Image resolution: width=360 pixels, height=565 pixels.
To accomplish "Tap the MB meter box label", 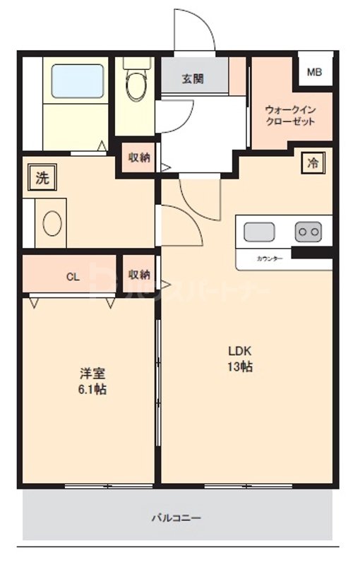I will click(x=314, y=71).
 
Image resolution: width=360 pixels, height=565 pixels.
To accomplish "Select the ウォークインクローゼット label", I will click(x=289, y=115).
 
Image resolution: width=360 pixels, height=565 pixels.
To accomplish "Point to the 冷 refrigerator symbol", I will click(x=312, y=162).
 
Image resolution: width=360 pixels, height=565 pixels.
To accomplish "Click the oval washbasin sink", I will click(x=53, y=225).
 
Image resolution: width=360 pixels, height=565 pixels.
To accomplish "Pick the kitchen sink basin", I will click(x=260, y=231).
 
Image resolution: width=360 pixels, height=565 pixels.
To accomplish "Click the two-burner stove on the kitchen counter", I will click(x=308, y=231).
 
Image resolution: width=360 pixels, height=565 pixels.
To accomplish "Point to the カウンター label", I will click(x=269, y=258).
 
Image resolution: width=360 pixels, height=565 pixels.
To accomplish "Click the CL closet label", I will click(x=73, y=276).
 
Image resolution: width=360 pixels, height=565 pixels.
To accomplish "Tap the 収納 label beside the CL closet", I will click(x=139, y=274).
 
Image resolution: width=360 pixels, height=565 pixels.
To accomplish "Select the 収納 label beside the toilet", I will click(x=138, y=157).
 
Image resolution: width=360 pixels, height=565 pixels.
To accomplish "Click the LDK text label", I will click(x=240, y=351).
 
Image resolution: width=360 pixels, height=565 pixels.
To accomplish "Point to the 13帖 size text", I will click(x=240, y=367).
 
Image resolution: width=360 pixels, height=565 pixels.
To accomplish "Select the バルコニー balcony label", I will click(x=176, y=518).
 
